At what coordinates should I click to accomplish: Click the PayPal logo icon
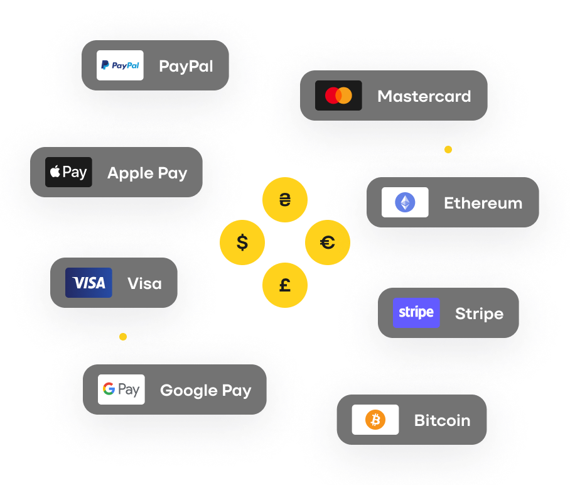coord(120,65)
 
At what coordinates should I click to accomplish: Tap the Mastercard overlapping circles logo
coord(338,95)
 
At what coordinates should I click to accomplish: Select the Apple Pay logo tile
coord(68,172)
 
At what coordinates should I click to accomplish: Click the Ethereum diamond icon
coord(405,202)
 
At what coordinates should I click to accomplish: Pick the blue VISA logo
coord(89,283)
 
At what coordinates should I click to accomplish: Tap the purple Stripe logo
coord(416,313)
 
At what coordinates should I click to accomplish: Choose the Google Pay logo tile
coord(121,390)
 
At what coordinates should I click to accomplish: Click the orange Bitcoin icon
coord(375,420)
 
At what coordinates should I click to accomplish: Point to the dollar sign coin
coord(242,242)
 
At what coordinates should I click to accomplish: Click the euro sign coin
coord(328,242)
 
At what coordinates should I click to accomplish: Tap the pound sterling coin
coord(285,285)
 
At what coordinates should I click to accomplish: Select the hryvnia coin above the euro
coord(285,200)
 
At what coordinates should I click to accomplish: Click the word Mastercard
coord(424,96)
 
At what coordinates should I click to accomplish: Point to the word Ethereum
coord(483,203)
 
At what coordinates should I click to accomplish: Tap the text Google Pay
coord(205,391)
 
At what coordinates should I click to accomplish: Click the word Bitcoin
coord(442,420)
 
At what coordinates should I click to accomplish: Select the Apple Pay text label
coord(147,173)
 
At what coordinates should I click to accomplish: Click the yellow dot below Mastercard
coord(448,150)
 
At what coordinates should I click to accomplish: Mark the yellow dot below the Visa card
coord(123,337)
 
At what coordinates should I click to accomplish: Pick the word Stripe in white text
coord(479,313)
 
